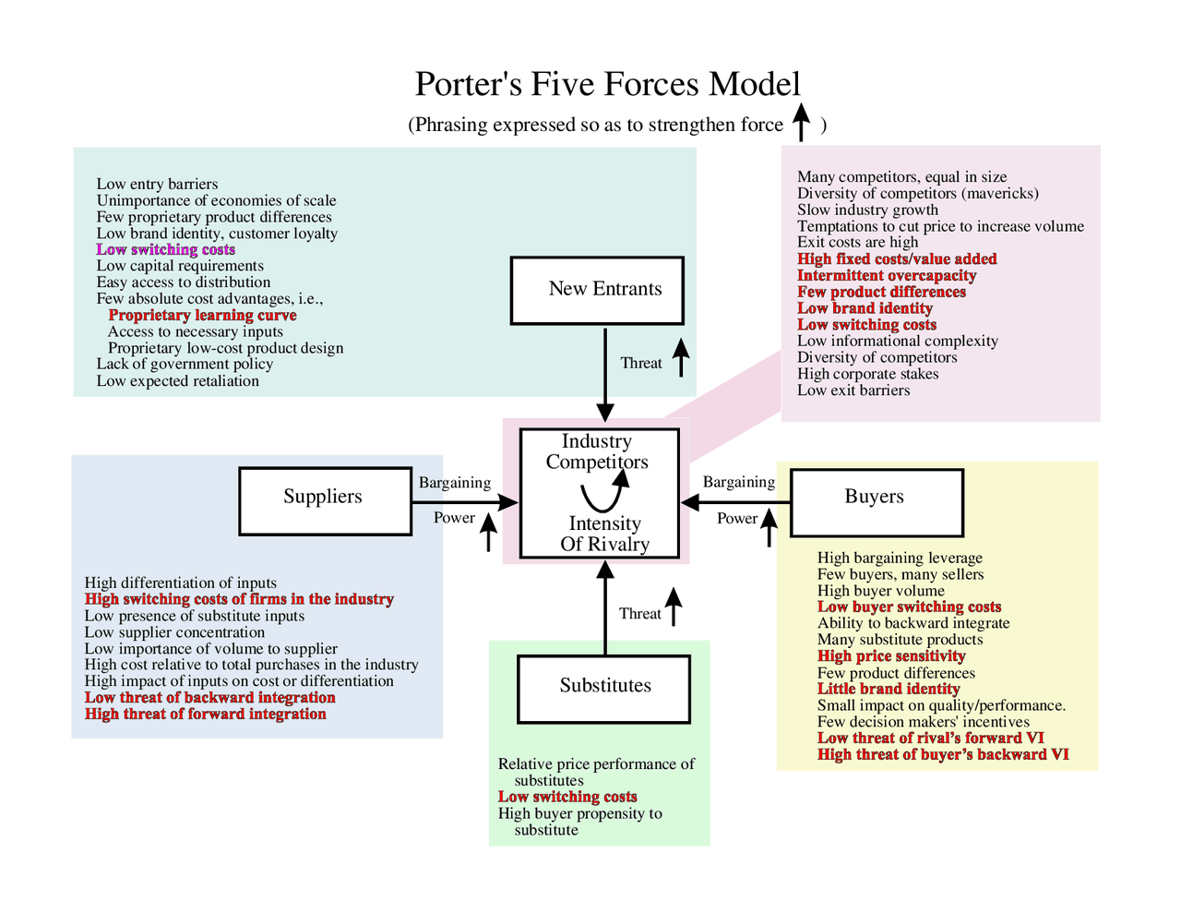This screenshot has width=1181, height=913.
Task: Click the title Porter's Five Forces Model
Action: pyautogui.click(x=607, y=85)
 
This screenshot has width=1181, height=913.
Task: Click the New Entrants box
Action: pyautogui.click(x=597, y=290)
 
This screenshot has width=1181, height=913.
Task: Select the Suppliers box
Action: pyautogui.click(x=325, y=501)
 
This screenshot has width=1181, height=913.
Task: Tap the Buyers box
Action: pyautogui.click(x=877, y=502)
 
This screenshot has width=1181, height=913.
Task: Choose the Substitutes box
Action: pyautogui.click(x=604, y=689)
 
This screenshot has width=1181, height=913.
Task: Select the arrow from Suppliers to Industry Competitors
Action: pyautogui.click(x=465, y=501)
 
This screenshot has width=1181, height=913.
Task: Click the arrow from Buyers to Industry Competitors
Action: pyautogui.click(x=735, y=502)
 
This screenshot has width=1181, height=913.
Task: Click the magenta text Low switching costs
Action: pyautogui.click(x=166, y=249)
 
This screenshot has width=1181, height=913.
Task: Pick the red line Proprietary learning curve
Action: pyautogui.click(x=202, y=315)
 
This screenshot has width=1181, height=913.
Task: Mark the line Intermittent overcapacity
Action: pyautogui.click(x=887, y=275)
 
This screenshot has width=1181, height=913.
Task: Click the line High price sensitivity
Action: pyautogui.click(x=891, y=655)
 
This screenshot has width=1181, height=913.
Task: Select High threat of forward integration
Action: pyautogui.click(x=206, y=714)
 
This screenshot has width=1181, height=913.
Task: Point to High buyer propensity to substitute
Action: pyautogui.click(x=579, y=821)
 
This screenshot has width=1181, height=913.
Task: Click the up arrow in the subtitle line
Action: pyautogui.click(x=801, y=122)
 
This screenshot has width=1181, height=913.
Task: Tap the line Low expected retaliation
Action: pyautogui.click(x=178, y=380)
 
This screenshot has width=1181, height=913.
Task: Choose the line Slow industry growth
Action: pyautogui.click(x=867, y=210)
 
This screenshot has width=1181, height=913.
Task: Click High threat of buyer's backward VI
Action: pyautogui.click(x=943, y=754)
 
